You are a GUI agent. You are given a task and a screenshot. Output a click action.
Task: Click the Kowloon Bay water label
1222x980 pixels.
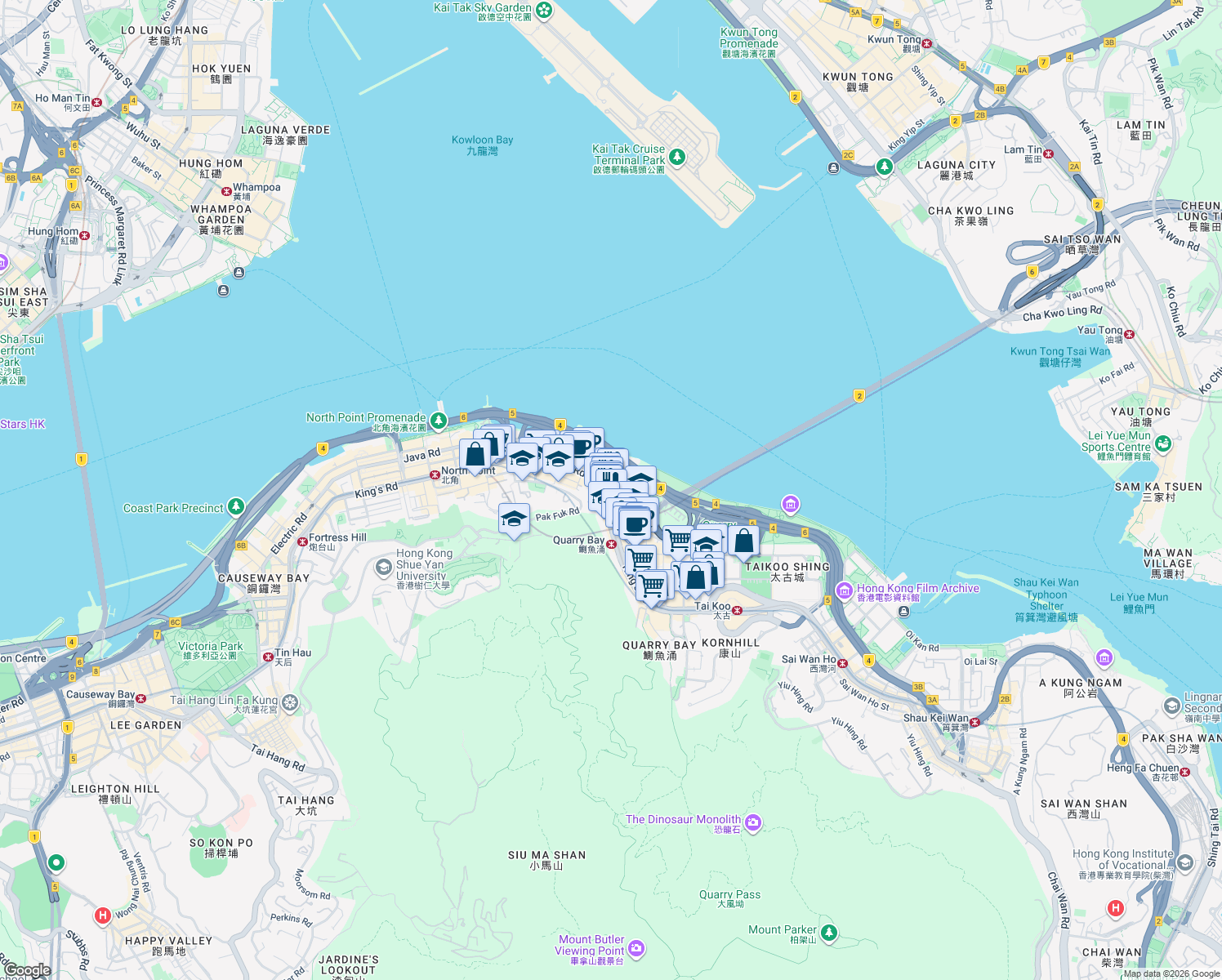pos(482,145)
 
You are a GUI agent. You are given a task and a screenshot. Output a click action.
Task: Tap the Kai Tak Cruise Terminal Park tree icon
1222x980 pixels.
pos(676,157)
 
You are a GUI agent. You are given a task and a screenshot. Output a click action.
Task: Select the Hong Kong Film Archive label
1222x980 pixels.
pos(917,589)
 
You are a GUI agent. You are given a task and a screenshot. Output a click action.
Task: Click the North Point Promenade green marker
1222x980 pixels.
pos(439,421)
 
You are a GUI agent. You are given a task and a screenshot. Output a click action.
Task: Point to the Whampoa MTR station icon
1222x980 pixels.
pos(227,191)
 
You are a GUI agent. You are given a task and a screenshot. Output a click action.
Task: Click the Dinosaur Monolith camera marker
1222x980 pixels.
pos(753,823)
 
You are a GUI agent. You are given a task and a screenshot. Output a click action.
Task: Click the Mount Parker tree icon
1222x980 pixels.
pos(829,932)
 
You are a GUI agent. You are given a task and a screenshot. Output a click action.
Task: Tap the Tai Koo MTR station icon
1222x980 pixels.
pos(737,610)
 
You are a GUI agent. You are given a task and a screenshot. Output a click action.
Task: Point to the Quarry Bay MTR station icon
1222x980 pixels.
pos(611,544)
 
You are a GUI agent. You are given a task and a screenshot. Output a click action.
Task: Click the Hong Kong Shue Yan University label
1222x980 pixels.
pos(423,564)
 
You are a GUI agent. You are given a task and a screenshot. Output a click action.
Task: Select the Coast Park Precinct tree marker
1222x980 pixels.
pos(236,507)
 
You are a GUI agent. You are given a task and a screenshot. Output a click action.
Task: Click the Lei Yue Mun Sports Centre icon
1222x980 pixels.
pos(1163,443)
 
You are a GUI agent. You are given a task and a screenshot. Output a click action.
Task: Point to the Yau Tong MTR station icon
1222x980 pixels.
pos(1130,334)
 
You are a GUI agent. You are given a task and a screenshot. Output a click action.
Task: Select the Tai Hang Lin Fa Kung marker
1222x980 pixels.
pos(290,702)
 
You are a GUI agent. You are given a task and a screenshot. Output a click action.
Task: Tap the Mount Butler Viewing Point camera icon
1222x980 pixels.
pos(637,948)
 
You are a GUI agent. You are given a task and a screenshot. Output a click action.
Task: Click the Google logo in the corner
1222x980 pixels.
pos(28,970)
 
